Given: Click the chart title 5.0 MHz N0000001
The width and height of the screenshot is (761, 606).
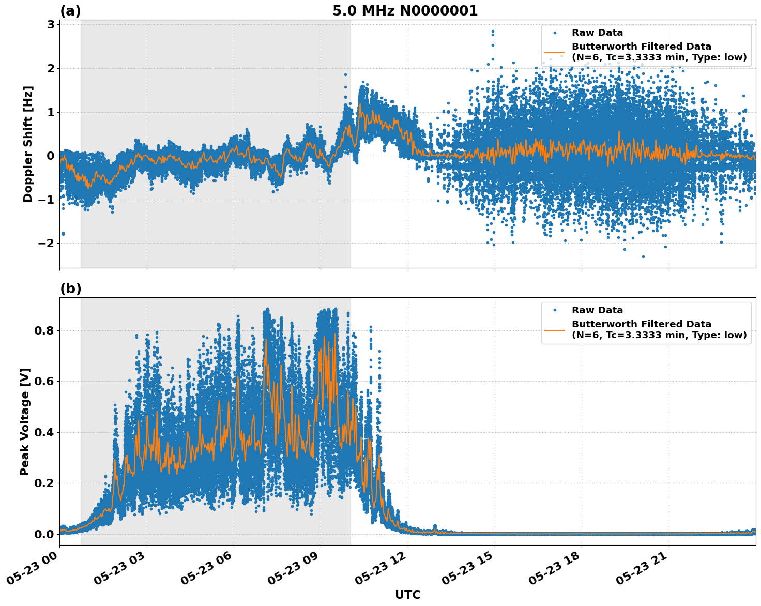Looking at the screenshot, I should pyautogui.click(x=405, y=11).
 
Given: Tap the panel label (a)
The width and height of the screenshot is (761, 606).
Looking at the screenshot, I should pyautogui.click(x=70, y=11).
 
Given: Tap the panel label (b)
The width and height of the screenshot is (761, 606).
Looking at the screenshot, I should pyautogui.click(x=70, y=289).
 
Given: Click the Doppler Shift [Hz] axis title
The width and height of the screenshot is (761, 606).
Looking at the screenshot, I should pyautogui.click(x=28, y=144).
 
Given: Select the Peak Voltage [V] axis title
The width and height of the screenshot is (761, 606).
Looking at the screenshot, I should pyautogui.click(x=25, y=421).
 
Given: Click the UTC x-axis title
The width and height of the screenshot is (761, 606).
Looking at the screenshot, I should pyautogui.click(x=407, y=595).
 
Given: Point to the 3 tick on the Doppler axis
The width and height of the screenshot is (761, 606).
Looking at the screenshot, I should pyautogui.click(x=51, y=24).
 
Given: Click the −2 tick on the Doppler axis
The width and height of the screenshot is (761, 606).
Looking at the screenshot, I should pyautogui.click(x=45, y=243).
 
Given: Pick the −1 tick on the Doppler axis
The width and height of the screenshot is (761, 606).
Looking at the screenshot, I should pyautogui.click(x=45, y=200).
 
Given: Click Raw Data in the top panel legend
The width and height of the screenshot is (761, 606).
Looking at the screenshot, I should pyautogui.click(x=597, y=33).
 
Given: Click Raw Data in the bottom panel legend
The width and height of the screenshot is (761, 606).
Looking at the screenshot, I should pyautogui.click(x=597, y=310).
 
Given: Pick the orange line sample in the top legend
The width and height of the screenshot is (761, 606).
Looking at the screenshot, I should pyautogui.click(x=555, y=52).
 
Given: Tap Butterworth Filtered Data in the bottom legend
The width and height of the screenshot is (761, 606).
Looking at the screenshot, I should pyautogui.click(x=641, y=324).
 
